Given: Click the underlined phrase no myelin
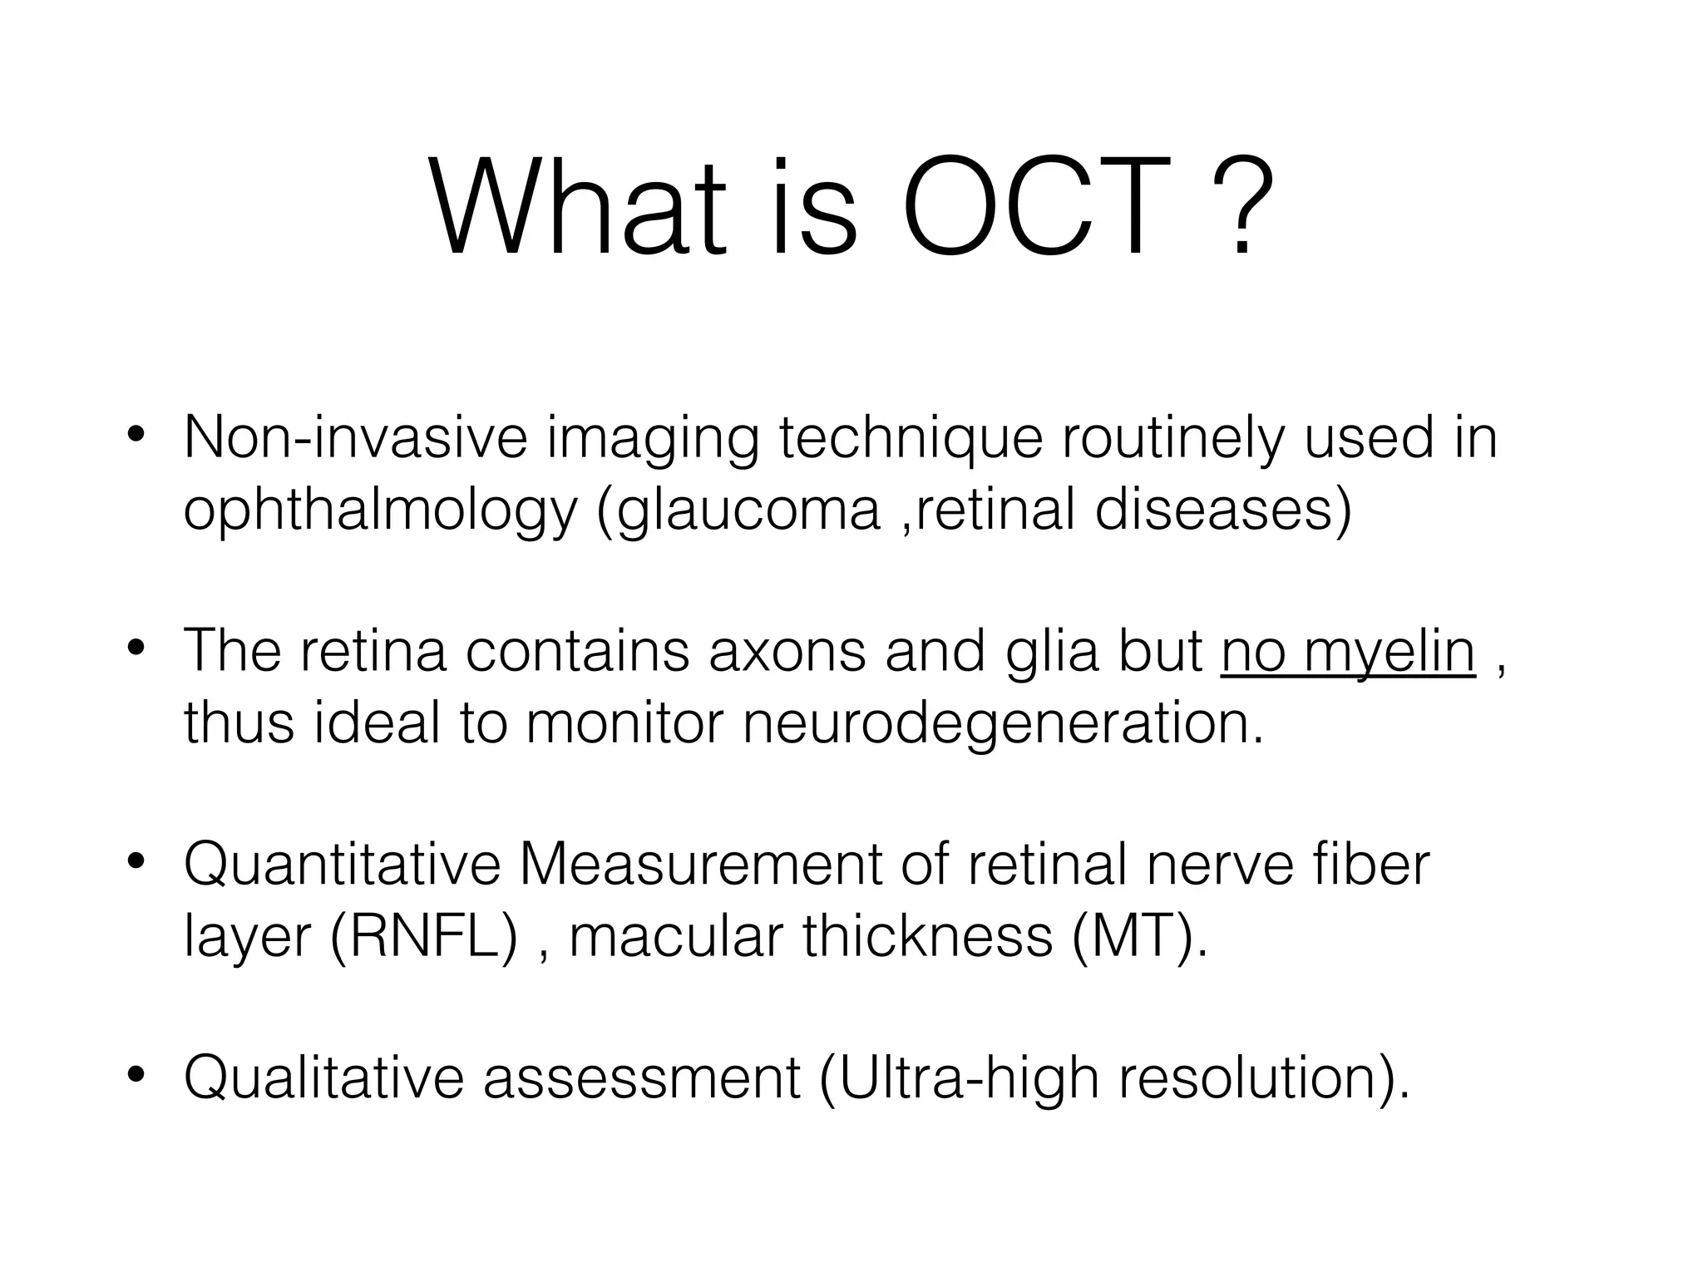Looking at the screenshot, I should (1348, 651).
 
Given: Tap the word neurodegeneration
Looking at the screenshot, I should (1002, 722).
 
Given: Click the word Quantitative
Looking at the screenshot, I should (342, 865).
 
